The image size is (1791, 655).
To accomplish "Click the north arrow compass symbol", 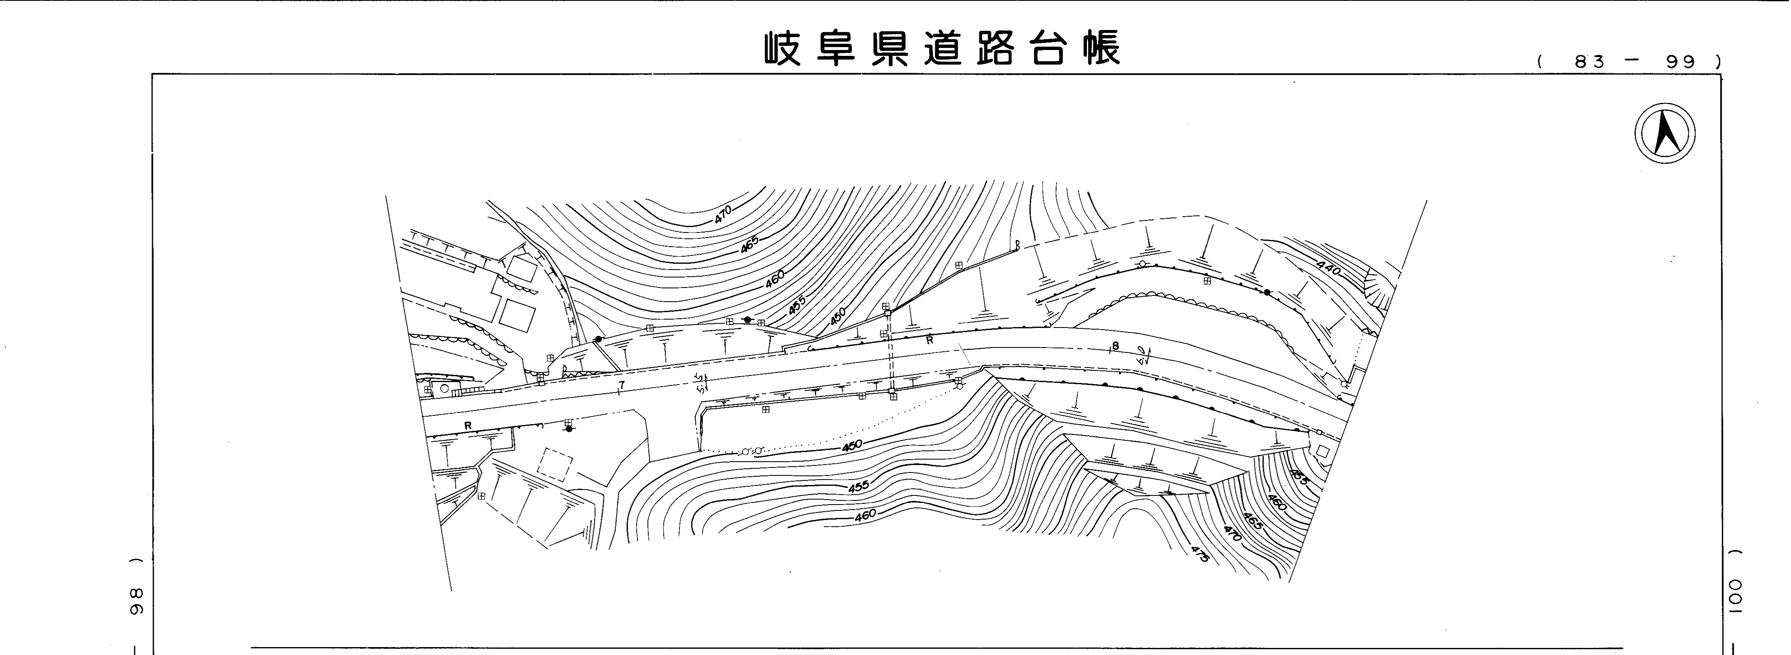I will pos(1664,133).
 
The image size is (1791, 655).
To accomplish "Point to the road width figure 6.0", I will pos(1142,355).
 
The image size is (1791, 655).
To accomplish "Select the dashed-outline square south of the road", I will pos(555,464).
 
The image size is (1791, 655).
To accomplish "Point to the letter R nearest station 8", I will pos(929,340).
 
